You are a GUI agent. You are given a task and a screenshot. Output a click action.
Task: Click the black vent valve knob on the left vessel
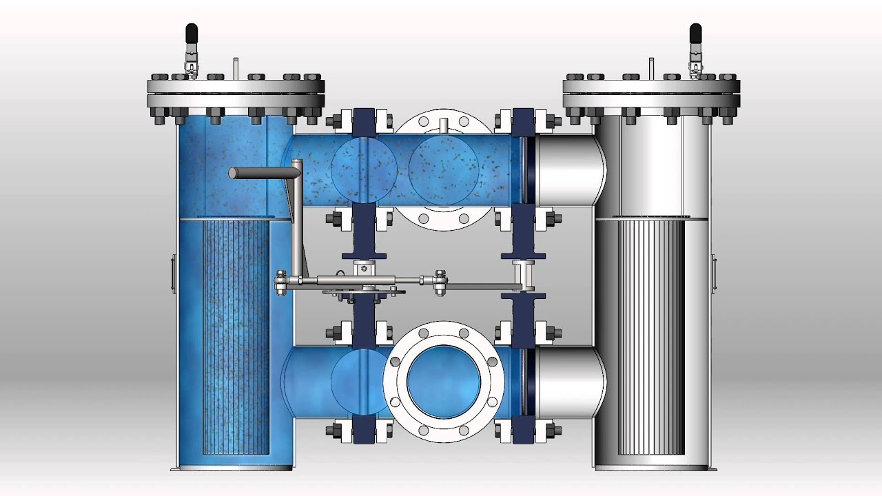point(191,32)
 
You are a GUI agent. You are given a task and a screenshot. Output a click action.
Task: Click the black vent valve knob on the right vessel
point(696,32)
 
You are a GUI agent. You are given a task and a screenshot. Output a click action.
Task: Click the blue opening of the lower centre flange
point(443,382)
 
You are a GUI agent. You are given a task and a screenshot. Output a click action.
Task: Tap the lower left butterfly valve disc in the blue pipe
point(355,382)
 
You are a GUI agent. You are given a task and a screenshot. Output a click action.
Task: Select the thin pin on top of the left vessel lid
point(235,68)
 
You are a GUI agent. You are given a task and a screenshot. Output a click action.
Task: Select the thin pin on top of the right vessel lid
point(651,68)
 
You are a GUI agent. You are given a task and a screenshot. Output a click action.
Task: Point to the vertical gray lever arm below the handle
point(296,220)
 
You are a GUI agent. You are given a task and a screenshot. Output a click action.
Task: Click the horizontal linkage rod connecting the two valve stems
point(475,284)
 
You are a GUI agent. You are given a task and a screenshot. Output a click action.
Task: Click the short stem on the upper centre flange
point(443,124)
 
